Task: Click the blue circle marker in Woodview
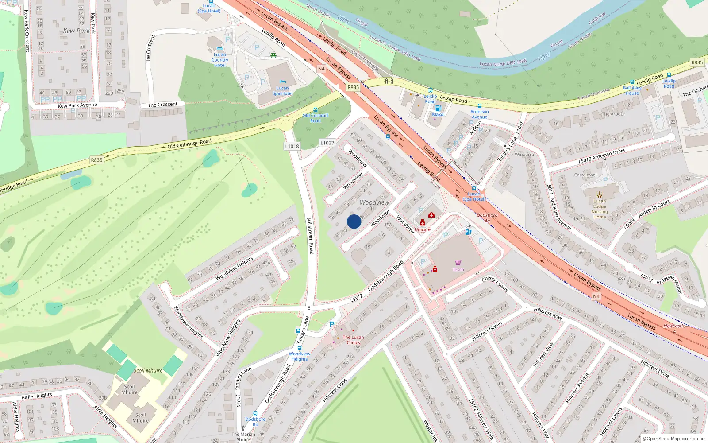[x=354, y=221]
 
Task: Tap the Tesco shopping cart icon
[x=458, y=263]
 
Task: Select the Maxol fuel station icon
[x=438, y=108]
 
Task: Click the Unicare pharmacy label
[x=422, y=229]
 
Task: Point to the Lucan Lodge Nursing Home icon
[x=599, y=194]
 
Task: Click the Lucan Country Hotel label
[x=220, y=60]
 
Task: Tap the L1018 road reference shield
[x=292, y=146]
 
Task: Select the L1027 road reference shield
[x=327, y=143]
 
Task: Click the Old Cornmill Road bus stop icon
[x=315, y=110]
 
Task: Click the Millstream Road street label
[x=310, y=235]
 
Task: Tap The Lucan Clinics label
[x=353, y=340]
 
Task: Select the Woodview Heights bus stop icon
[x=299, y=348]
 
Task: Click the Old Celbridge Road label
[x=189, y=144]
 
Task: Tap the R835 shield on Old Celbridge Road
[x=96, y=160]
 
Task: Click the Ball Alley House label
[x=632, y=90]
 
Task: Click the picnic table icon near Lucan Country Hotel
[x=273, y=55]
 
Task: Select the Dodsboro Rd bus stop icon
[x=255, y=413]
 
